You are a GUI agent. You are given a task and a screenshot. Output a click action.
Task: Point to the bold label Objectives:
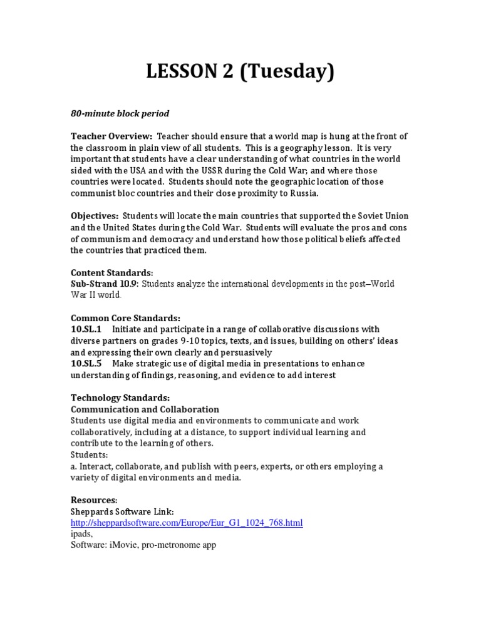point(95,216)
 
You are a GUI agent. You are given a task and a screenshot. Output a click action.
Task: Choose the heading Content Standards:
point(111,273)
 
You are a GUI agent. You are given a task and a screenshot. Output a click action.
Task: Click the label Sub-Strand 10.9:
point(103,284)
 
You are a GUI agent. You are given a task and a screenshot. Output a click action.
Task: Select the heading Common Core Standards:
point(125,318)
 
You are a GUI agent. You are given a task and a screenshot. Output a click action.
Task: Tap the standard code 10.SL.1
point(88,329)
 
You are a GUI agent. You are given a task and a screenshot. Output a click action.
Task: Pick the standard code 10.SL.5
point(88,364)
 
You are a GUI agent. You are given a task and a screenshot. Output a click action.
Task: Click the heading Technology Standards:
point(120,397)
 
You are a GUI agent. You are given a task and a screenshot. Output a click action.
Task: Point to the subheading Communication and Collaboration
point(145,409)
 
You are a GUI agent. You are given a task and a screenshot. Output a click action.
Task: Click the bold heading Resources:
point(94,500)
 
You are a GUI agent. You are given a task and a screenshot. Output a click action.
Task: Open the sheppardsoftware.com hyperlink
point(187,522)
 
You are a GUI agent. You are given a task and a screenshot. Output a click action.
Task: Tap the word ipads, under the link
point(81,534)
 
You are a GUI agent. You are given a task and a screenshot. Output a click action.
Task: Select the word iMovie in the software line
point(127,545)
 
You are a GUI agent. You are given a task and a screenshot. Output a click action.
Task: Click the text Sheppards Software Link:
point(118,511)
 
